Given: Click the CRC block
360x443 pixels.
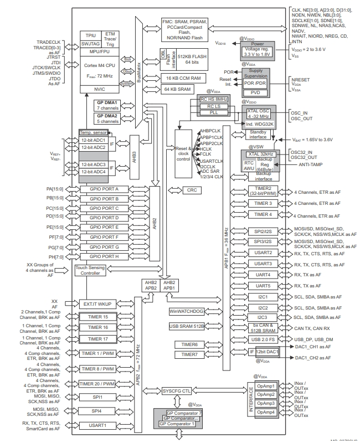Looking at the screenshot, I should pyautogui.click(x=192, y=190).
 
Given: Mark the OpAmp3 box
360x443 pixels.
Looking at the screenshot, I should pyautogui.click(x=265, y=403).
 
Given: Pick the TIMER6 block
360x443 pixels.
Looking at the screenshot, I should pyautogui.click(x=185, y=344).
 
